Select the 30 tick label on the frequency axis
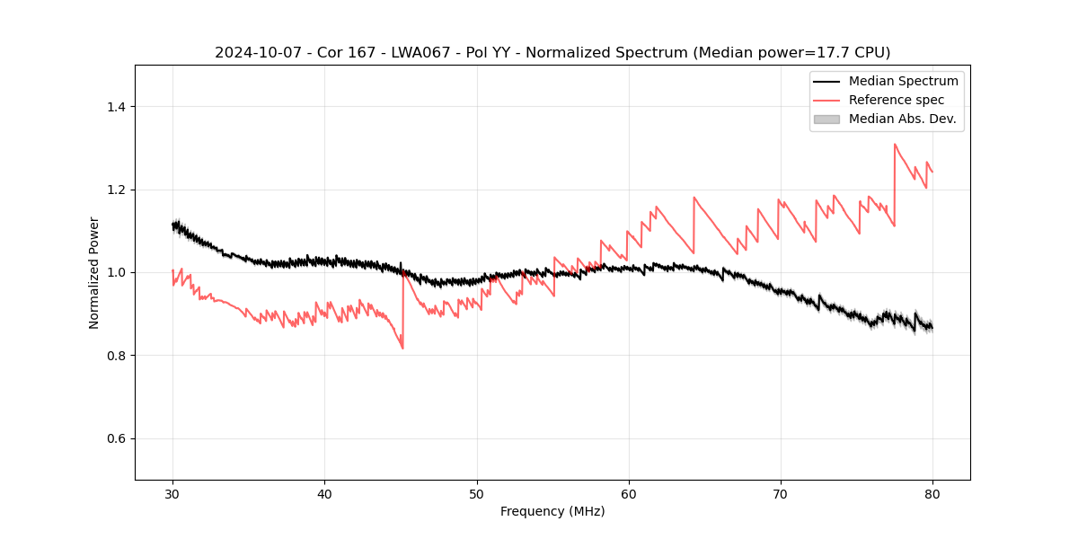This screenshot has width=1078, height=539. pyautogui.click(x=172, y=494)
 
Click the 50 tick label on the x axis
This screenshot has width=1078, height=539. pyautogui.click(x=477, y=494)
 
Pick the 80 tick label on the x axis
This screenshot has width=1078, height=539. pyautogui.click(x=932, y=494)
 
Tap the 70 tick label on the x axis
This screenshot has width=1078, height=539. pyautogui.click(x=781, y=494)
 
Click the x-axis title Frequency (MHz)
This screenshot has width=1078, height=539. pyautogui.click(x=552, y=511)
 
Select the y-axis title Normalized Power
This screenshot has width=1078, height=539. pyautogui.click(x=93, y=272)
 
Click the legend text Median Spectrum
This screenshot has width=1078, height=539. pyautogui.click(x=903, y=81)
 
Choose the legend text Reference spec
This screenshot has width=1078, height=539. pyautogui.click(x=896, y=100)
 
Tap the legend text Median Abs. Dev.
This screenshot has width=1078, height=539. pyautogui.click(x=902, y=119)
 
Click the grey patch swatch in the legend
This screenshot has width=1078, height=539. pyautogui.click(x=826, y=119)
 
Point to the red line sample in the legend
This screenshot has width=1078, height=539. pyautogui.click(x=826, y=100)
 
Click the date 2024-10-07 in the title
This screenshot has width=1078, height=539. pyautogui.click(x=253, y=53)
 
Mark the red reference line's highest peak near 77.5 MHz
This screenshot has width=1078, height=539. pyautogui.click(x=895, y=144)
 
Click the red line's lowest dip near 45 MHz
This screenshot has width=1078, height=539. pyautogui.click(x=402, y=348)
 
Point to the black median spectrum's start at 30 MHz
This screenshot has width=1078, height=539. pyautogui.click(x=172, y=225)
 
